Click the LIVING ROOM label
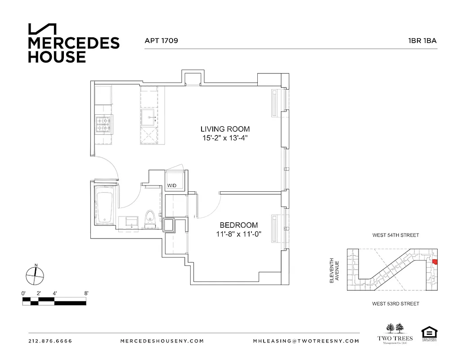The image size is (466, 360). tap(225, 129)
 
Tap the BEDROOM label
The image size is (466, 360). tap(238, 225)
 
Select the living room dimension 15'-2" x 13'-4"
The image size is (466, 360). tap(225, 139)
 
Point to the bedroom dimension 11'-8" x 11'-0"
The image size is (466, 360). tap(238, 234)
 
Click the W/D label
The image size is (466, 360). tap(171, 185)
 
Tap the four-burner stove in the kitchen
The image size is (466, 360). tap(103, 125)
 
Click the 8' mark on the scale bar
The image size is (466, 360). tap(85, 293)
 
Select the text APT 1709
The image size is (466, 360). tap(161, 40)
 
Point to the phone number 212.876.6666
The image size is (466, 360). tap(50, 341)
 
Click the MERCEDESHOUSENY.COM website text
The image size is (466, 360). tap(162, 341)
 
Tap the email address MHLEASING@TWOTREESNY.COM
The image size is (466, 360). tap(306, 341)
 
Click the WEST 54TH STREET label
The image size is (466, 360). tap(395, 235)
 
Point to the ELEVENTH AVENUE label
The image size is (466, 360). tap(333, 270)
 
